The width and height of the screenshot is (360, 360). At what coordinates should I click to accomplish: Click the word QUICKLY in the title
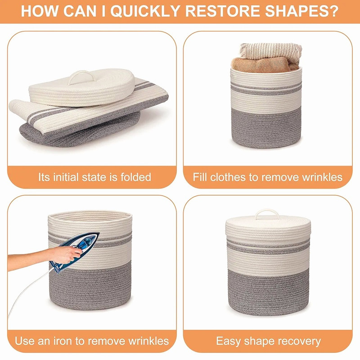[x=145, y=11]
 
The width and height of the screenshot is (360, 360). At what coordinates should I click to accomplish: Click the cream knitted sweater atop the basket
[x=271, y=50]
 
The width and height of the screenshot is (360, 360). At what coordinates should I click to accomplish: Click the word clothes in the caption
[x=227, y=177]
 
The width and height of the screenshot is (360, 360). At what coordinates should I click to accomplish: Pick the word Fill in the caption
[x=200, y=177]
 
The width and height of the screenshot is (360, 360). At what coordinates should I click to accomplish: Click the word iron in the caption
[x=63, y=341]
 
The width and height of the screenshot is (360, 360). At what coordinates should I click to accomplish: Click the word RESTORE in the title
[x=222, y=11]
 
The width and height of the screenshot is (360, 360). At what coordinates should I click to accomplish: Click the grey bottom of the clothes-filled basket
[x=266, y=128]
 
